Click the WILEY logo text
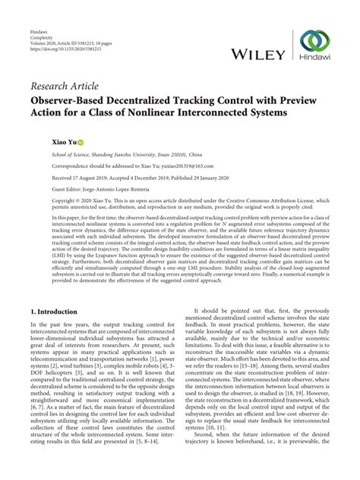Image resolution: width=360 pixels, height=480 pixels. [259, 54]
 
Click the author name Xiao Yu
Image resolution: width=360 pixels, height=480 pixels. [43, 142]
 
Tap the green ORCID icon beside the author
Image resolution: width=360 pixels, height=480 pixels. [59, 142]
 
